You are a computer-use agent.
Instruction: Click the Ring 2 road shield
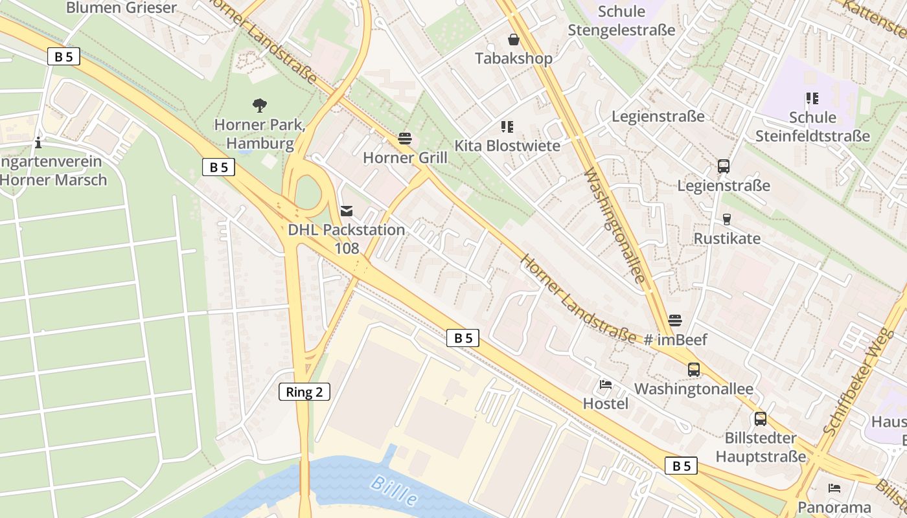(x=304, y=392)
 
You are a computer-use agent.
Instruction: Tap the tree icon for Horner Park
(x=260, y=105)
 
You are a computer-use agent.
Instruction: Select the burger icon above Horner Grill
(x=406, y=139)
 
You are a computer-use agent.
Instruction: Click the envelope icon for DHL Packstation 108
(x=347, y=210)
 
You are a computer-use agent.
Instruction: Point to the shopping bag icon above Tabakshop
(x=514, y=39)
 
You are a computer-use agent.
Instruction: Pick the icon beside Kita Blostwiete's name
(x=507, y=127)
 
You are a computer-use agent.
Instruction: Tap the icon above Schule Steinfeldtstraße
(x=812, y=98)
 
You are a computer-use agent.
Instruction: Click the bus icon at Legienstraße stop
(x=724, y=166)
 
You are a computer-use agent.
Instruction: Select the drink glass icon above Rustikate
(x=726, y=220)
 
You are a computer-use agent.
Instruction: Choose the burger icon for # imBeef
(x=675, y=320)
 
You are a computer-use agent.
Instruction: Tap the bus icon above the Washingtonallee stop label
(x=694, y=370)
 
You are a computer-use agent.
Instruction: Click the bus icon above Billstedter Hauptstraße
(x=761, y=419)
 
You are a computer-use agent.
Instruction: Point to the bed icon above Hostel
(x=606, y=385)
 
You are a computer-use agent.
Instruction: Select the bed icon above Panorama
(x=834, y=488)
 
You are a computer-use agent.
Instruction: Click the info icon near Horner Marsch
(x=39, y=142)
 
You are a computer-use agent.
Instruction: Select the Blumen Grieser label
(x=121, y=8)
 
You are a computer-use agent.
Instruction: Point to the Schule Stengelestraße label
(x=621, y=21)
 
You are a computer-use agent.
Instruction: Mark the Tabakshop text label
(x=514, y=58)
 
